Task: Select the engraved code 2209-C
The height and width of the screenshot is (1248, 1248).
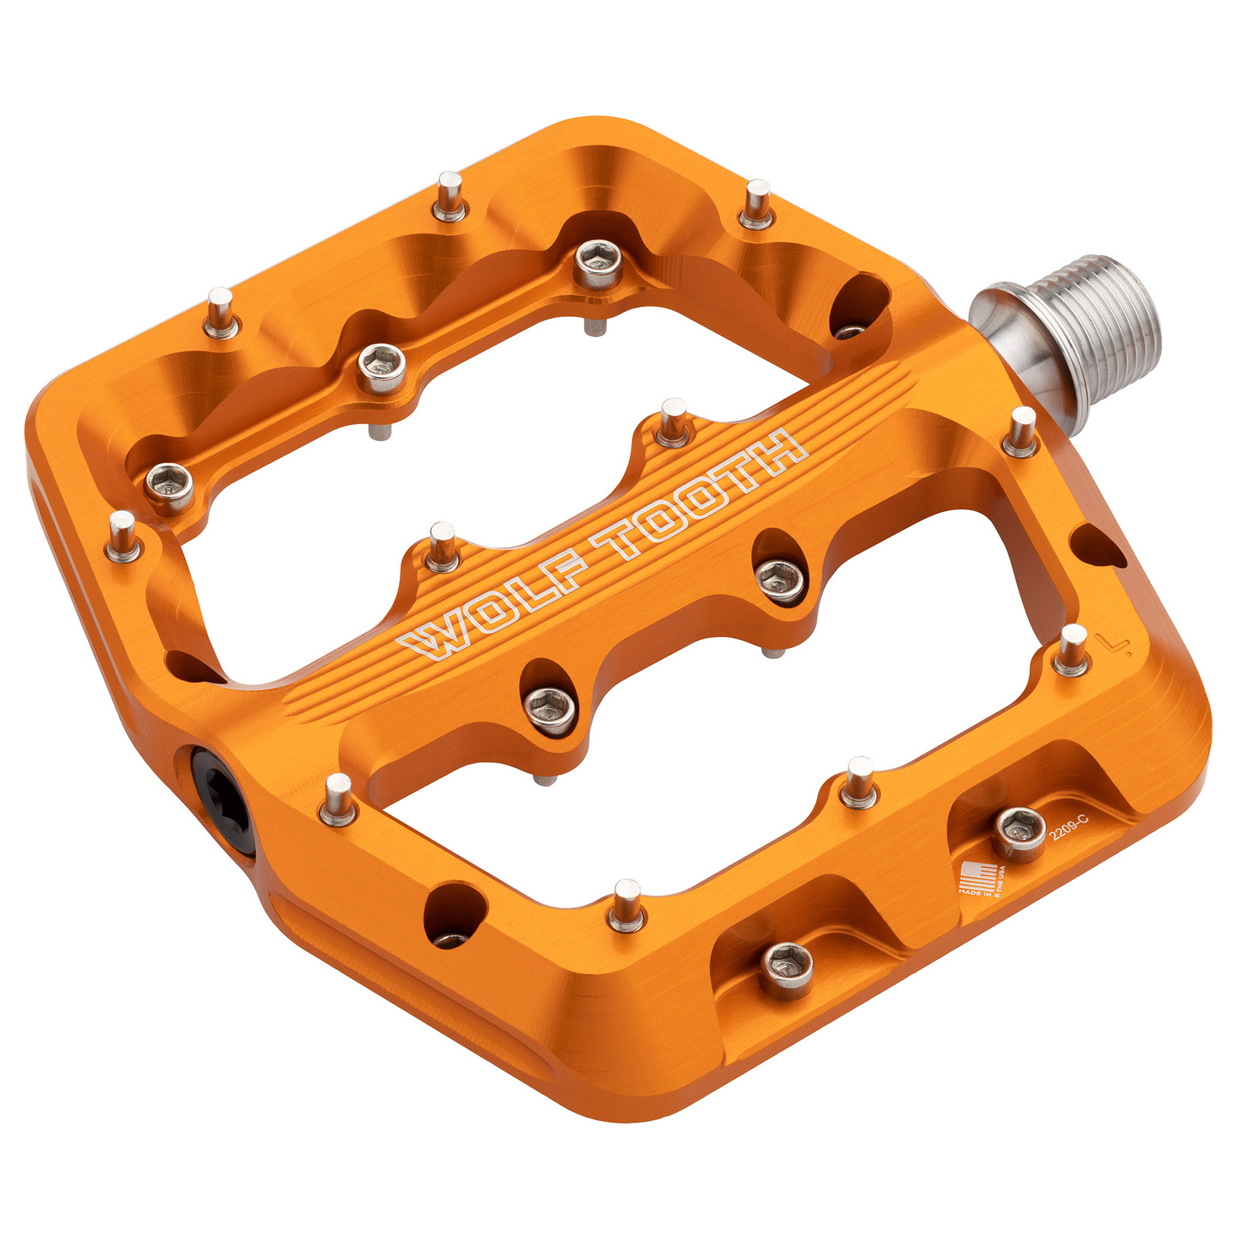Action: pyautogui.click(x=1068, y=829)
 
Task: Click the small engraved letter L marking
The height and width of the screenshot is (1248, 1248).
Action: pyautogui.click(x=1113, y=643)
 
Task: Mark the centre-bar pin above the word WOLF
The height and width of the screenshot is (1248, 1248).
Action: pyautogui.click(x=442, y=547)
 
